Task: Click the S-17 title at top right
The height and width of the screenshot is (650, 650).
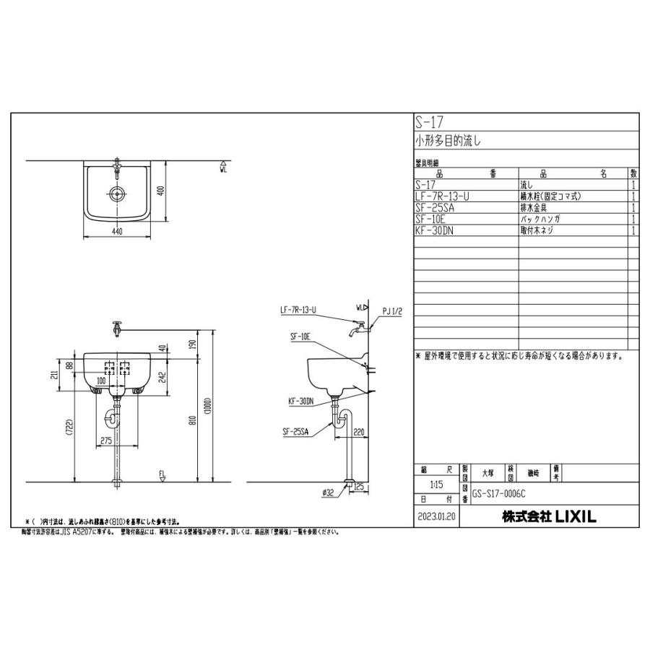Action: point(427,121)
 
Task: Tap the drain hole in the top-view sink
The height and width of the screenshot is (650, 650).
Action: point(116,193)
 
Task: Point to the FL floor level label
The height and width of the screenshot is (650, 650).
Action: point(163,474)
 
